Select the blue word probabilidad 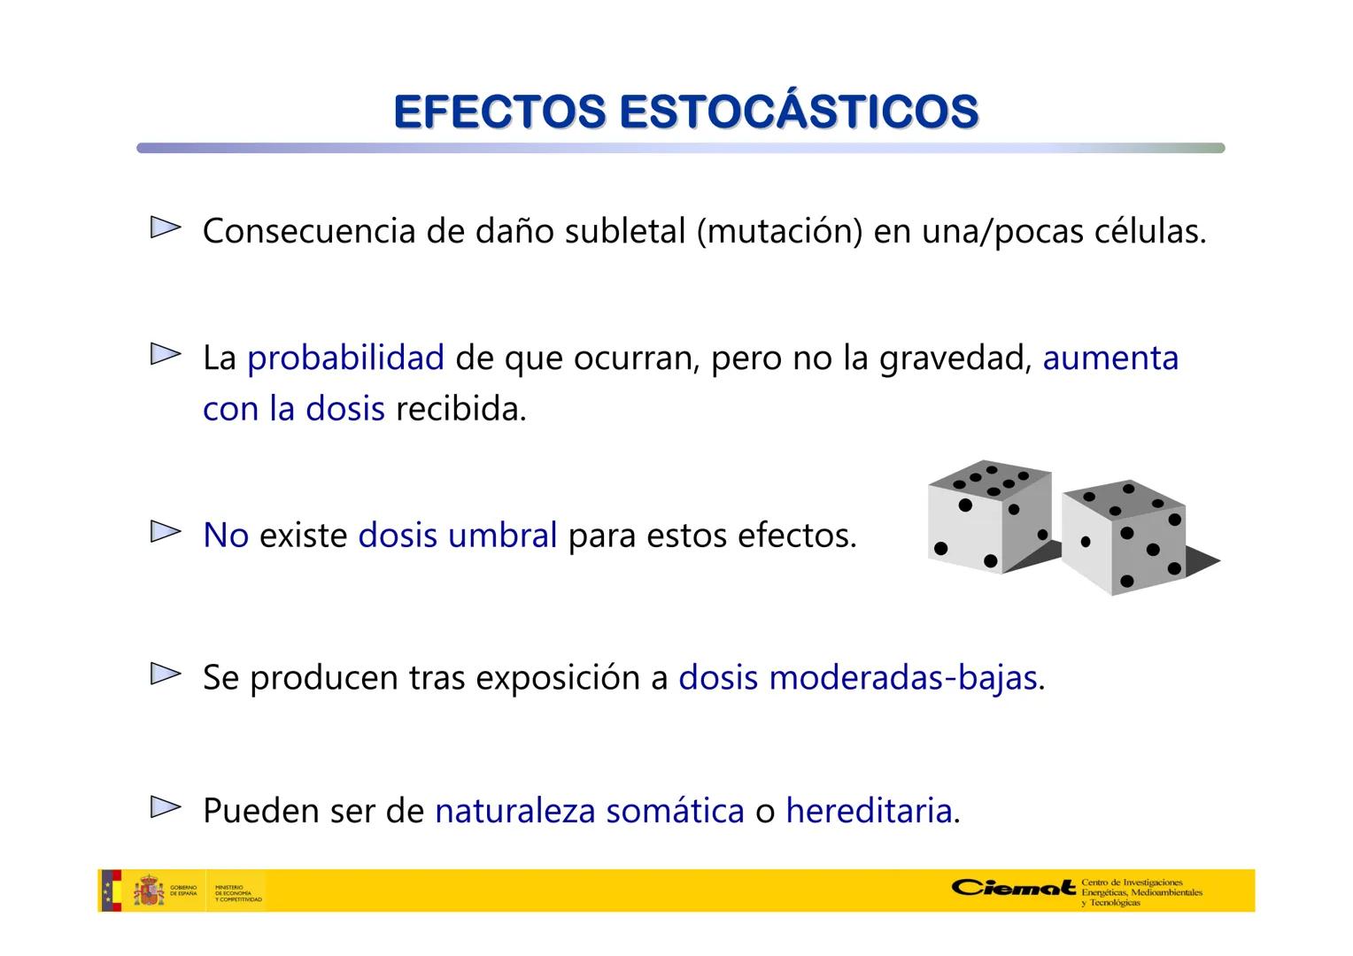(x=345, y=358)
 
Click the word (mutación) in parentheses (x=779, y=231)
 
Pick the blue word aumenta (x=1110, y=358)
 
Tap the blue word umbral (x=503, y=536)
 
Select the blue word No (x=225, y=536)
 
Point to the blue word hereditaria (x=869, y=810)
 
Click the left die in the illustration (x=989, y=518)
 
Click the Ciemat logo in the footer (x=1014, y=888)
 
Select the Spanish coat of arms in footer (x=148, y=890)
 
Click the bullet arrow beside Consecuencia (x=165, y=228)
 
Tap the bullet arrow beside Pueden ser (x=165, y=807)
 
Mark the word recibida (x=460, y=409)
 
